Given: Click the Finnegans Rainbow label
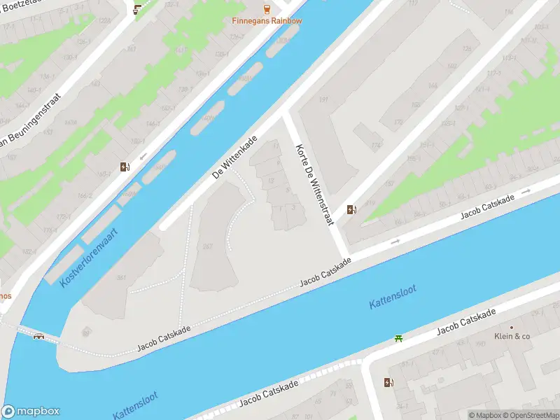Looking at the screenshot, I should click(x=267, y=20).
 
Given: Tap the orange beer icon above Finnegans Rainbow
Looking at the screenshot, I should click(x=267, y=8).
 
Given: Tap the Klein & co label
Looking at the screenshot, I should click(x=512, y=336).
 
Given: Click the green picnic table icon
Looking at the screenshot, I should click(x=398, y=339).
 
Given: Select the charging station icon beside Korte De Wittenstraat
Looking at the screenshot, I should click(x=351, y=209).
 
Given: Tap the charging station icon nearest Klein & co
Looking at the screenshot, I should click(x=388, y=382).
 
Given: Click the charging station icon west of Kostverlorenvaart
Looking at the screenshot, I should click(x=125, y=167).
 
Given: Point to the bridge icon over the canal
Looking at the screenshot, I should click(x=39, y=335).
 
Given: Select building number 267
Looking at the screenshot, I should click(x=207, y=246).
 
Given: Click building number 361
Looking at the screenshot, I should click(x=121, y=278).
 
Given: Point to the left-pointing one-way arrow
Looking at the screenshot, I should click(x=143, y=155).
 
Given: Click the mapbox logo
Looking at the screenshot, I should click(x=31, y=411).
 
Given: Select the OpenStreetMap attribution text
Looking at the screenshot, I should click(x=531, y=415).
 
